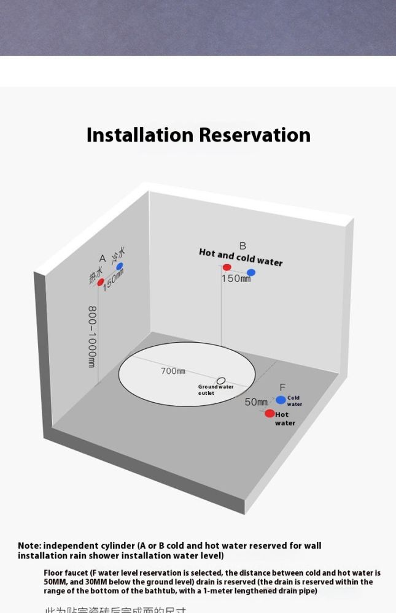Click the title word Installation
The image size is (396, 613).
click(x=140, y=135)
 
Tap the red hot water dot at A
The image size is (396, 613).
click(x=101, y=283)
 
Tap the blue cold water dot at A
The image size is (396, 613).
click(x=120, y=267)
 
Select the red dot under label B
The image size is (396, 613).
click(x=227, y=267)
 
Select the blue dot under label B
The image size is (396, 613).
click(x=251, y=272)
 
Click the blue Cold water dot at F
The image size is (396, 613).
click(x=281, y=400)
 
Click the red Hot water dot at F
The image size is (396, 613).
click(x=270, y=414)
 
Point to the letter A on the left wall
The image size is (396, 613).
click(x=103, y=259)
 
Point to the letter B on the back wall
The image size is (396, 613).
click(x=243, y=246)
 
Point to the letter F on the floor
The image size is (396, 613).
click(x=282, y=387)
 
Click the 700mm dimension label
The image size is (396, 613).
click(x=173, y=371)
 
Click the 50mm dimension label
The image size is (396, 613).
click(x=256, y=402)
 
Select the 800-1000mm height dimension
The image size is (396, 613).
click(x=92, y=337)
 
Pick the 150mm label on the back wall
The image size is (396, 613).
click(x=236, y=278)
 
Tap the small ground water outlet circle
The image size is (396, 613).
click(x=221, y=381)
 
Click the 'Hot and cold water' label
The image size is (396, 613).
click(x=241, y=257)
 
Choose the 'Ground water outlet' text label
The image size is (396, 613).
click(x=215, y=390)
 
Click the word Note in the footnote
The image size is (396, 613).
click(x=29, y=546)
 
